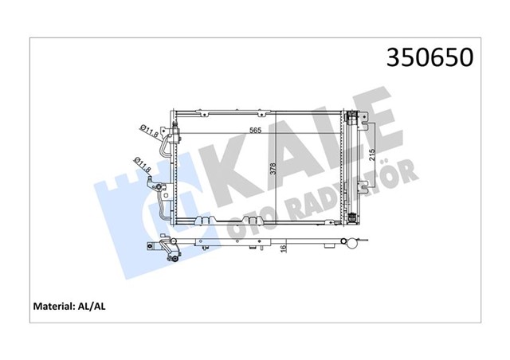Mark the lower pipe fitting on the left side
(165, 191)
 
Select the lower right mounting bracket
(363, 188)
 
